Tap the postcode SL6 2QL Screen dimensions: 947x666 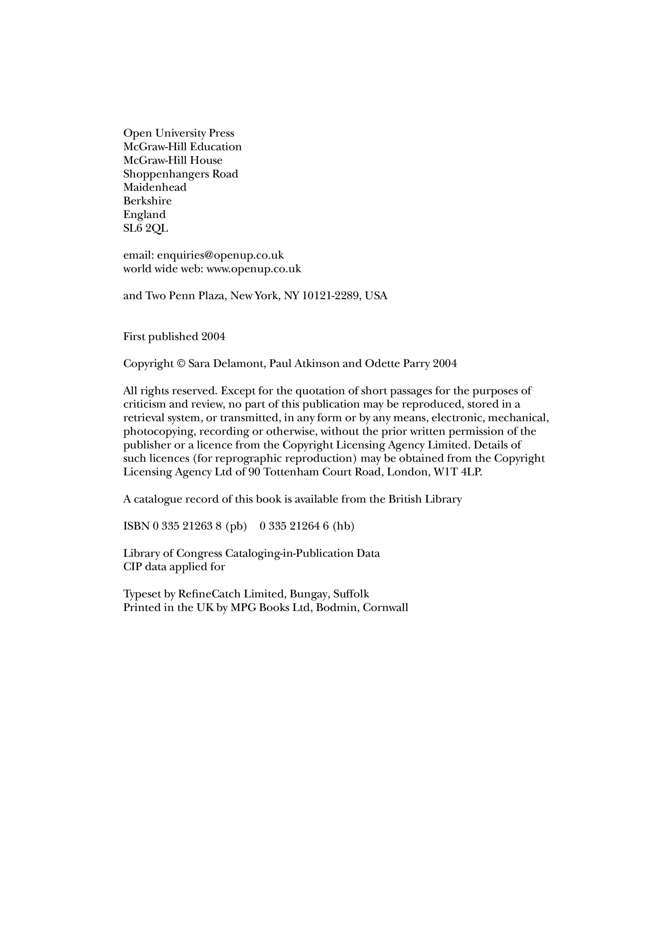click(145, 229)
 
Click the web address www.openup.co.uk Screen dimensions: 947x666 click(253, 269)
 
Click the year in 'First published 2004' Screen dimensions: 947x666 click(213, 337)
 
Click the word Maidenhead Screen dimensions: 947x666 click(155, 188)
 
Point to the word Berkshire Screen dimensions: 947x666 click(147, 201)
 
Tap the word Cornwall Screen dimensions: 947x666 click(385, 608)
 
